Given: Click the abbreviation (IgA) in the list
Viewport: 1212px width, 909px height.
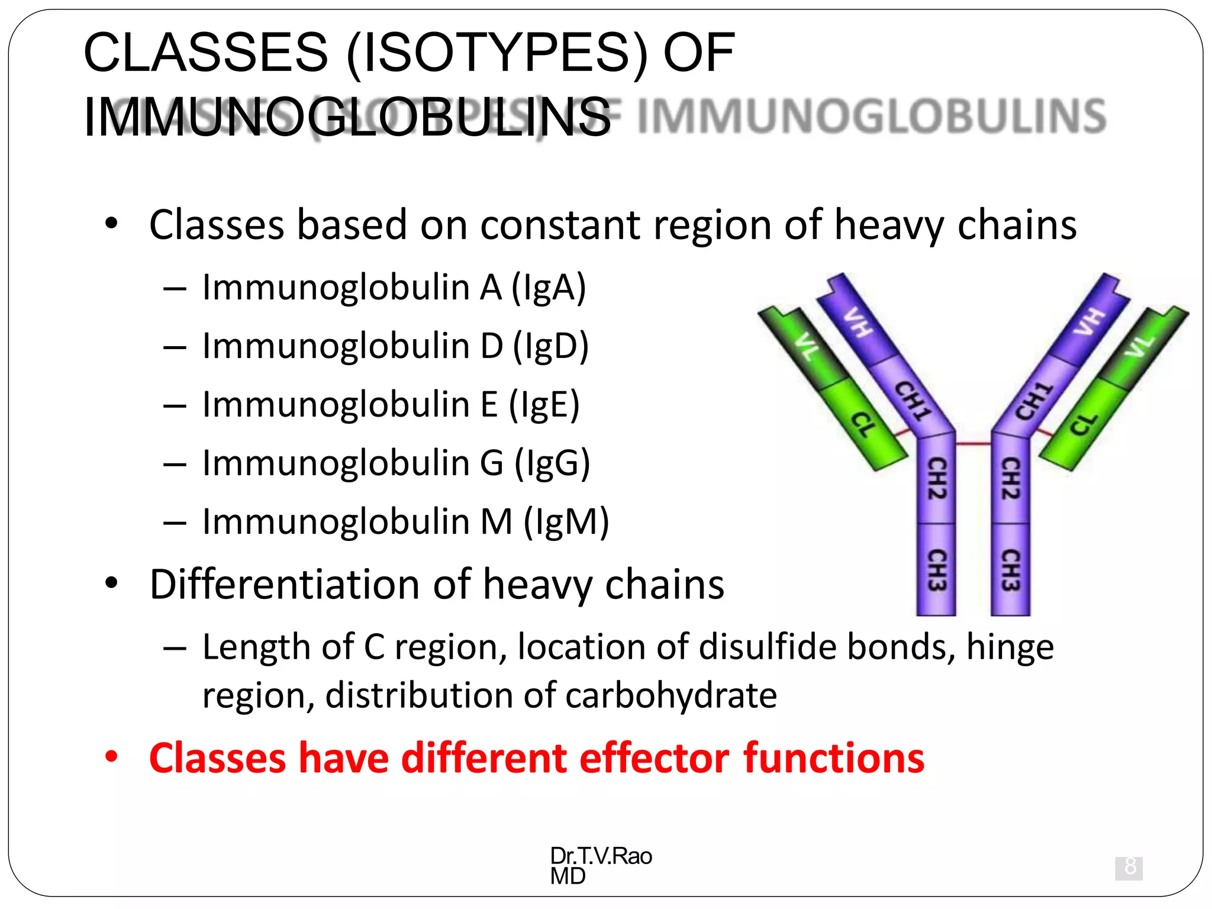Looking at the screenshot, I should click(549, 288).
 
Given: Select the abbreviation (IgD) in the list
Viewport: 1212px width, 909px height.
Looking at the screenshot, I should click(550, 346).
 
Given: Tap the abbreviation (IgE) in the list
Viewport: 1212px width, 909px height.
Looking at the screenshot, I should click(544, 405).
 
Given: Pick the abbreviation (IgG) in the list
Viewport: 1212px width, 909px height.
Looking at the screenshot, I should click(552, 463).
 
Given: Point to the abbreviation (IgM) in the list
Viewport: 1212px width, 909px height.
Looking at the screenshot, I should click(566, 522).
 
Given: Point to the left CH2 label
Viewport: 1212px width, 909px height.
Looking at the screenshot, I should click(936, 478).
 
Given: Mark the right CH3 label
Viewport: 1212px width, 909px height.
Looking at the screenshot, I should click(1010, 570).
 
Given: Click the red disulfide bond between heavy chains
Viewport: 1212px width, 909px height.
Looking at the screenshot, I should click(974, 443).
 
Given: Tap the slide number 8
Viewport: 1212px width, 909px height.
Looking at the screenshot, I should click(1129, 867).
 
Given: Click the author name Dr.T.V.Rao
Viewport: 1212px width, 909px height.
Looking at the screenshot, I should click(601, 856).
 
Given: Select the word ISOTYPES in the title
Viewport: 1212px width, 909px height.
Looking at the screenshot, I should click(497, 53).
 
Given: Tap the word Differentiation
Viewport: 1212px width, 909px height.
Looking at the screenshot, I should click(285, 584).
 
